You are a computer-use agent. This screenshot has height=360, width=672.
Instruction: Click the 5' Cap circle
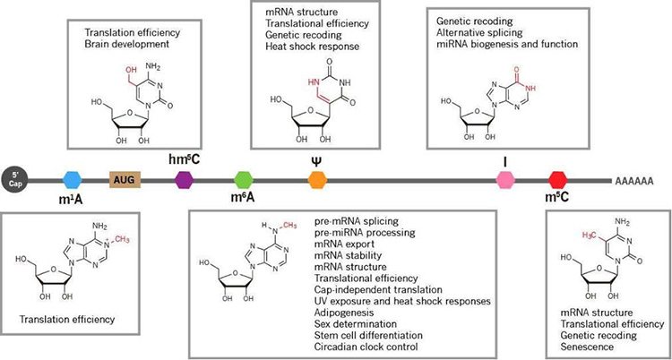pyautogui.click(x=14, y=179)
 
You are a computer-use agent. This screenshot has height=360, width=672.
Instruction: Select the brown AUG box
pyautogui.click(x=124, y=179)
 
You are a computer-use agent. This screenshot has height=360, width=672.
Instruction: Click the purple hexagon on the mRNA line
pyautogui.click(x=184, y=179)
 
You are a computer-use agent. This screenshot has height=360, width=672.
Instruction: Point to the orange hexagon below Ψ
pyautogui.click(x=316, y=179)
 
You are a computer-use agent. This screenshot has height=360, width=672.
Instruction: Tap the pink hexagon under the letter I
pyautogui.click(x=507, y=179)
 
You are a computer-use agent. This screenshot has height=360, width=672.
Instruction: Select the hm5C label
pyautogui.click(x=183, y=159)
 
